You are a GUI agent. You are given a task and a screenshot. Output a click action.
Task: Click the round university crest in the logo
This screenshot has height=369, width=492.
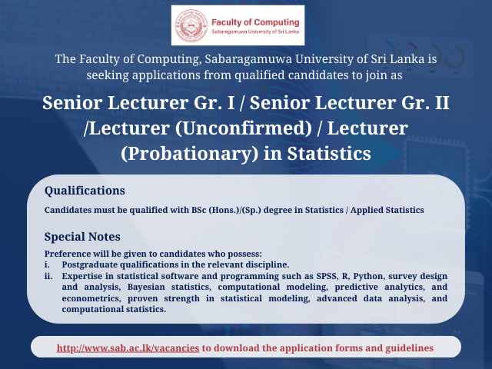click(x=191, y=25)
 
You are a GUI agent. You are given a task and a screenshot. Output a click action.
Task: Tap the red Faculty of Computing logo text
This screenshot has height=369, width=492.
click(x=255, y=22)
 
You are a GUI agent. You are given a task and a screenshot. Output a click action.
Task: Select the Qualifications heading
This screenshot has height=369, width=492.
click(x=85, y=191)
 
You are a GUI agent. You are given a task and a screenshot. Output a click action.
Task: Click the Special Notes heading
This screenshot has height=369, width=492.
click(x=82, y=237)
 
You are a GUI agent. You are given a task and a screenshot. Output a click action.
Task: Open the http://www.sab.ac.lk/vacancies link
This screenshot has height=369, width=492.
click(x=128, y=348)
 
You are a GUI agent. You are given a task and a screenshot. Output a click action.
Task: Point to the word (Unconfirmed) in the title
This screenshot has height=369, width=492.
click(x=244, y=128)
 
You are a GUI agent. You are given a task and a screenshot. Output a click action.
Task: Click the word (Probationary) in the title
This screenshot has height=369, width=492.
click(x=189, y=154)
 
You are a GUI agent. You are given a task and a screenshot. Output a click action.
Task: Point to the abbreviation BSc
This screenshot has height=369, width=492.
click(x=198, y=210)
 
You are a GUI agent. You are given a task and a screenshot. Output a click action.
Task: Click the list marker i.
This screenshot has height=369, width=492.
click(x=47, y=264)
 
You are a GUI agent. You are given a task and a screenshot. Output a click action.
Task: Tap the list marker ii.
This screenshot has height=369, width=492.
click(x=48, y=276)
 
